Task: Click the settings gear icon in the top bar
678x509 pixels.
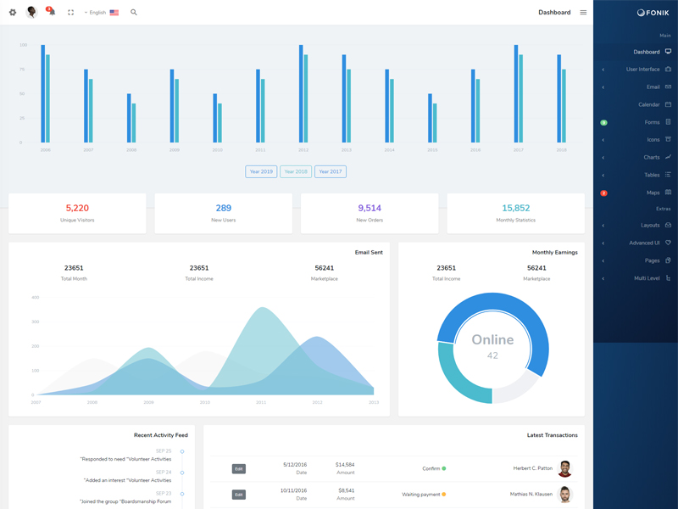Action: tap(13, 13)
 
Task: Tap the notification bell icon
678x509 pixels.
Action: tap(52, 13)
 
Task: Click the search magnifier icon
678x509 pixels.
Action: tap(134, 13)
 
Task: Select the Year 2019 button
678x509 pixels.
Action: tap(261, 171)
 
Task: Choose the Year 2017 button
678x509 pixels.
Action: tap(331, 171)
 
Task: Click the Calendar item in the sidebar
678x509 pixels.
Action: tap(649, 104)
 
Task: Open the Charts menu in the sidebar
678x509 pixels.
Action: tap(651, 157)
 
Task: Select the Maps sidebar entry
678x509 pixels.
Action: tap(653, 193)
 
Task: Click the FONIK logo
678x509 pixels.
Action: tap(653, 13)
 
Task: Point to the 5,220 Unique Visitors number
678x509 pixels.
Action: tap(77, 208)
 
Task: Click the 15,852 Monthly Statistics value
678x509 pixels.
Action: tap(515, 208)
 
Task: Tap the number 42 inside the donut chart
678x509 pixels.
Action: tap(492, 355)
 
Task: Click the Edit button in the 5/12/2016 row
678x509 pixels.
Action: tap(239, 468)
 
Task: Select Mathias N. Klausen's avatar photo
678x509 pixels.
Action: tap(564, 494)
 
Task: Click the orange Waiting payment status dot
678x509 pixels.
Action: tap(444, 494)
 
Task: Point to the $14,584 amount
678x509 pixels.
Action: tap(345, 464)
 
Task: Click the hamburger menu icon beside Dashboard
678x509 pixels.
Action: tap(583, 13)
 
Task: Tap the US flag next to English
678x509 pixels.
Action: tap(114, 13)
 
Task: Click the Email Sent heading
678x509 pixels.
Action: tap(369, 252)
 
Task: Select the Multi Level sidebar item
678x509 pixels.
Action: tap(647, 278)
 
